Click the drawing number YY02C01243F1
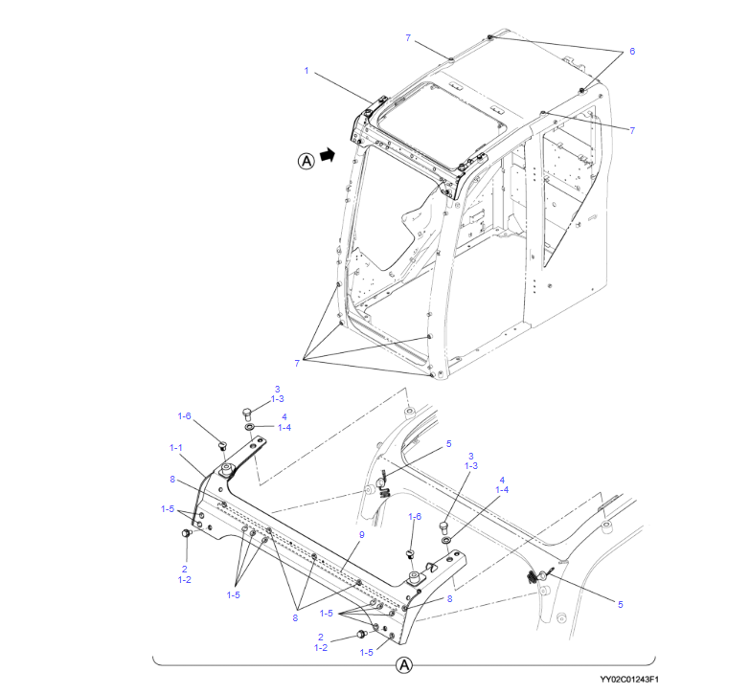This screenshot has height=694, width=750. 629,680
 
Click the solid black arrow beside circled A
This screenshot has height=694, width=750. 328,154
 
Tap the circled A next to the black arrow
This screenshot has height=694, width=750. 307,161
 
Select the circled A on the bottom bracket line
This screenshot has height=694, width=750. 404,665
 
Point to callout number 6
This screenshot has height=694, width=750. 632,51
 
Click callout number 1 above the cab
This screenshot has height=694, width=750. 307,71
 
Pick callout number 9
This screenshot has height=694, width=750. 362,535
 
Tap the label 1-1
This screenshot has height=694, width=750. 176,448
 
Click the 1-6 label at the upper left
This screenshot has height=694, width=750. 184,416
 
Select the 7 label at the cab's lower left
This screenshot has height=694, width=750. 297,363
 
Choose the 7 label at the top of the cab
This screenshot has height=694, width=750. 408,37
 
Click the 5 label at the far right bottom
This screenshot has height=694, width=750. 621,605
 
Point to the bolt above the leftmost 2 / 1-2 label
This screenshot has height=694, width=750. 186,533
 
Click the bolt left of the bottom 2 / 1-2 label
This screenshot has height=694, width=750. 362,635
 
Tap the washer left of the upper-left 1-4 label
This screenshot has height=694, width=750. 250,426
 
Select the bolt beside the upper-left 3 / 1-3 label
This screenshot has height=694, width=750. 247,414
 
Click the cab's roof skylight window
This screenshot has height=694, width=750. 441,125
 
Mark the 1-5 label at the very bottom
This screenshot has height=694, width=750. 367,653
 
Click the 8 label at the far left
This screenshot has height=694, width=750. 172,480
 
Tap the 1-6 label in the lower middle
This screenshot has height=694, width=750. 415,517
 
